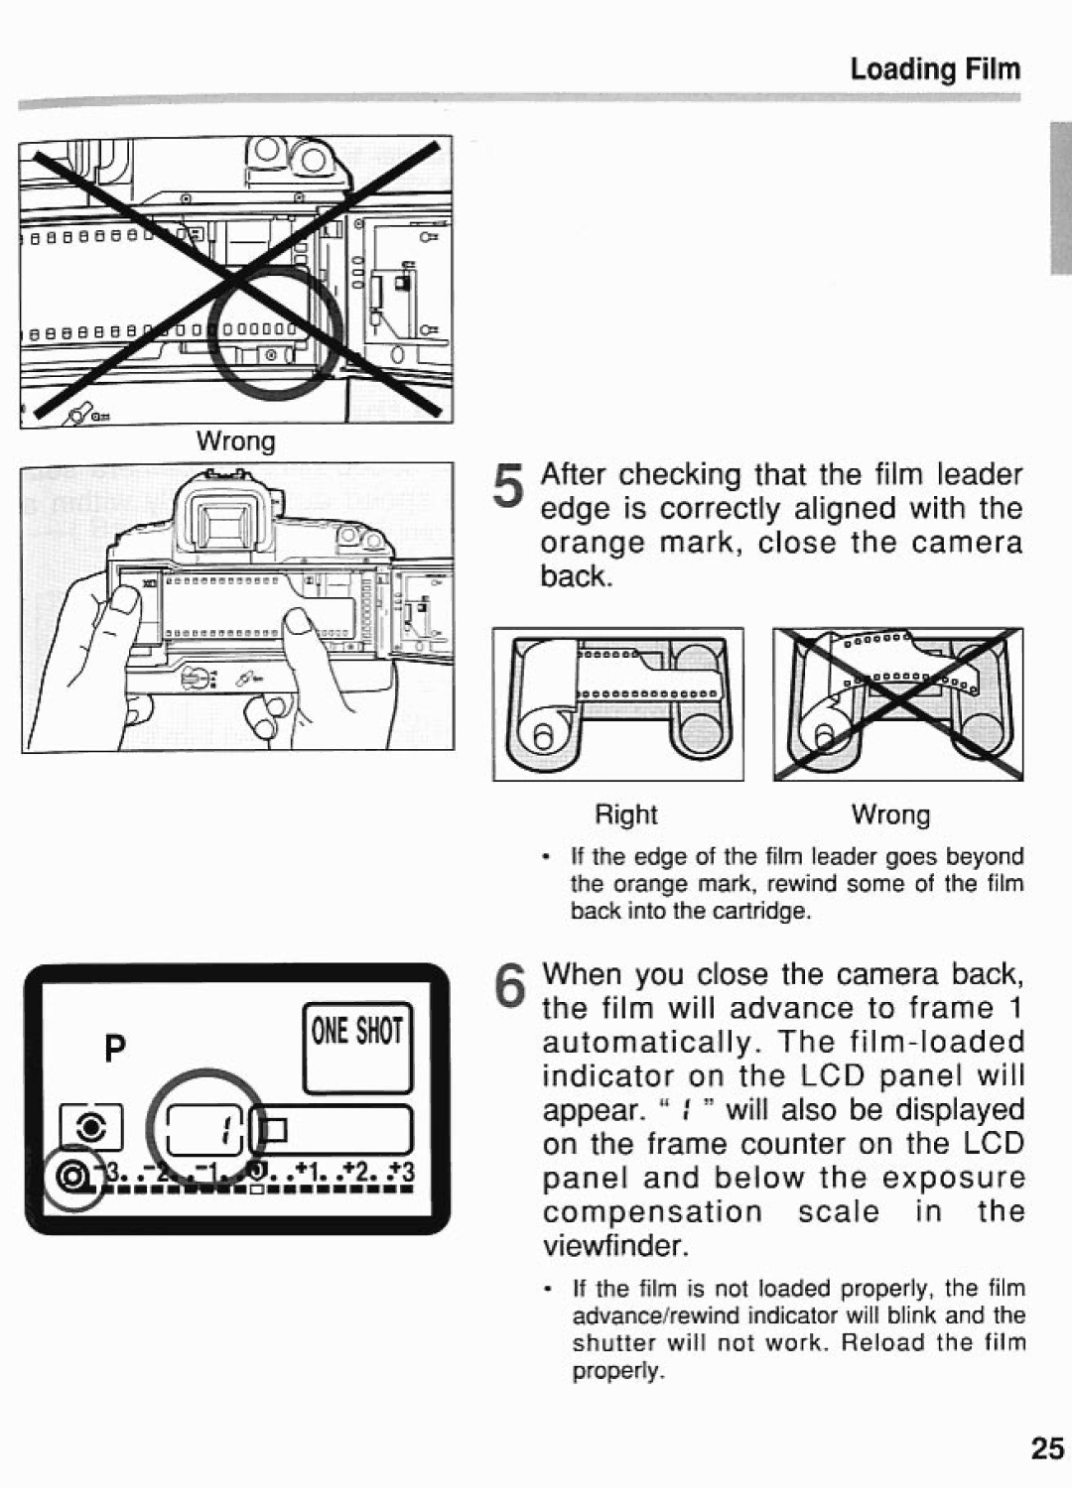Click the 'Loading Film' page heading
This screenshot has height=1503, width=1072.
pyautogui.click(x=934, y=68)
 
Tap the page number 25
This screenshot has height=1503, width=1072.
pyautogui.click(x=1046, y=1448)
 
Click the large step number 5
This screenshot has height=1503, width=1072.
pyautogui.click(x=508, y=491)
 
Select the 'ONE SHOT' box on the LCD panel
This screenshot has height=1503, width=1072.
pyautogui.click(x=357, y=1047)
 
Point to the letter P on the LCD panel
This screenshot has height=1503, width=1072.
pyautogui.click(x=116, y=1049)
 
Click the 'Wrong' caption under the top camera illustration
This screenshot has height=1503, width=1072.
pyautogui.click(x=236, y=440)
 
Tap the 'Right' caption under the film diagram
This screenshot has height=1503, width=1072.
pyautogui.click(x=625, y=814)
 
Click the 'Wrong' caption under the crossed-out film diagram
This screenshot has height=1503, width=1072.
pyautogui.click(x=890, y=814)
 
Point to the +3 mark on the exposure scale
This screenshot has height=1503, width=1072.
pyautogui.click(x=403, y=1177)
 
